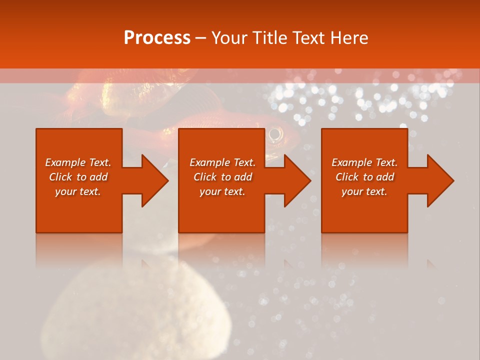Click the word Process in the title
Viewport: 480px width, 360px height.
point(157,38)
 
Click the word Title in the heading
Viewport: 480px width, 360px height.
point(270,38)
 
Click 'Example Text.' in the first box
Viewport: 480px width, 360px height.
point(78,162)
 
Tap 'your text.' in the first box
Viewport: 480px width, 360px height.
point(78,191)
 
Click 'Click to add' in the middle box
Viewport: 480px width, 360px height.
point(222,177)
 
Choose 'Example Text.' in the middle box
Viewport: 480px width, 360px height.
point(222,162)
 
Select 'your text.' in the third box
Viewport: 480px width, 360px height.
point(364,191)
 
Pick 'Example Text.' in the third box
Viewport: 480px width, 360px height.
point(364,162)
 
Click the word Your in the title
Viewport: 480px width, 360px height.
point(230,38)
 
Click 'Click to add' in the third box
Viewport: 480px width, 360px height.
point(364,177)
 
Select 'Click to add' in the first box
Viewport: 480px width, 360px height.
point(78,177)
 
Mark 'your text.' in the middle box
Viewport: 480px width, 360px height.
point(222,191)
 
